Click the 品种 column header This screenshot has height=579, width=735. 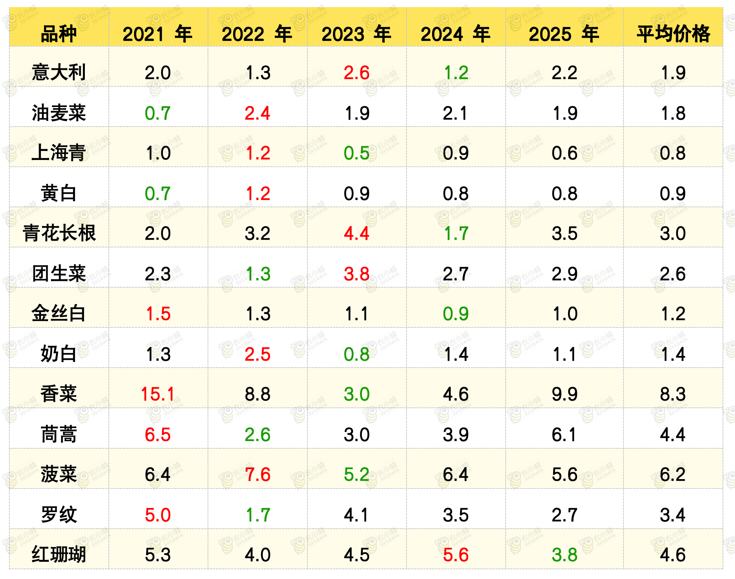click(59, 34)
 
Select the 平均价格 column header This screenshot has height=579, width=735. click(673, 34)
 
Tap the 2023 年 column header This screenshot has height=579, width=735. click(356, 34)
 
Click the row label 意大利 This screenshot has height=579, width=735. click(59, 72)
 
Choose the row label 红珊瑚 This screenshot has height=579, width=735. click(59, 554)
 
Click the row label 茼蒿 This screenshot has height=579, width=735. click(59, 434)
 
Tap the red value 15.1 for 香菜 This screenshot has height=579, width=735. click(158, 394)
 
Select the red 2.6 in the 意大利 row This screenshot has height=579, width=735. click(357, 73)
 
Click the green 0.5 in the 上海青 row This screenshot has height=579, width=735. click(357, 153)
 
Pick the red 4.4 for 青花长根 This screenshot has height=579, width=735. click(357, 234)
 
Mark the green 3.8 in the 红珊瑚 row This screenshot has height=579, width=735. click(565, 555)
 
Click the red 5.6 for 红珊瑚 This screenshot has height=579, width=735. click(456, 555)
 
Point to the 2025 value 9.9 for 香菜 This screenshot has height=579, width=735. click(565, 394)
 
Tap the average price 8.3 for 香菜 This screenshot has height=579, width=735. click(673, 394)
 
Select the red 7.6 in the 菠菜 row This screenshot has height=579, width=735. click(258, 475)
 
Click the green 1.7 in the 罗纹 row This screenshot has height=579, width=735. click(258, 515)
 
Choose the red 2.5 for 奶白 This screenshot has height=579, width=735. click(258, 354)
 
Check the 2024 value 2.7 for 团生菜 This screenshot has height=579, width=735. click(456, 274)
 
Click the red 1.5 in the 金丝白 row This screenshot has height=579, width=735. click(158, 314)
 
